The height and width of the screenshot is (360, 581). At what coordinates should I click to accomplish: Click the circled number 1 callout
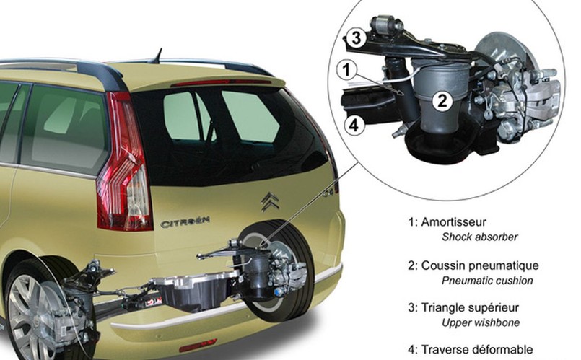pos(348,70)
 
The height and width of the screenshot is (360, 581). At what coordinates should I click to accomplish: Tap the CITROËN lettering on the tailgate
pos(185,223)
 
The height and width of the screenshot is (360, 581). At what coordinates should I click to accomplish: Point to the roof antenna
pos(157,55)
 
